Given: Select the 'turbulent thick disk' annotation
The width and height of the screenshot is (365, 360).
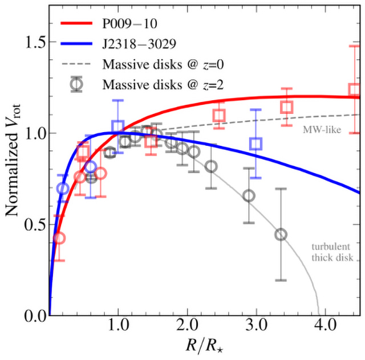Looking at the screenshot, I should coord(331,253).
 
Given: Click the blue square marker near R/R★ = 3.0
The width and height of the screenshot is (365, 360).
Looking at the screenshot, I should coord(257,144).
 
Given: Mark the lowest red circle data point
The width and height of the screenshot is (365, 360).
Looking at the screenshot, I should coord(59,238).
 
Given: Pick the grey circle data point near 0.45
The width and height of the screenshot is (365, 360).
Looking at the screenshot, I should coord(281,235).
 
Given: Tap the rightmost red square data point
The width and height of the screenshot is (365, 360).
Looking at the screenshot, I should coord(355,89).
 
